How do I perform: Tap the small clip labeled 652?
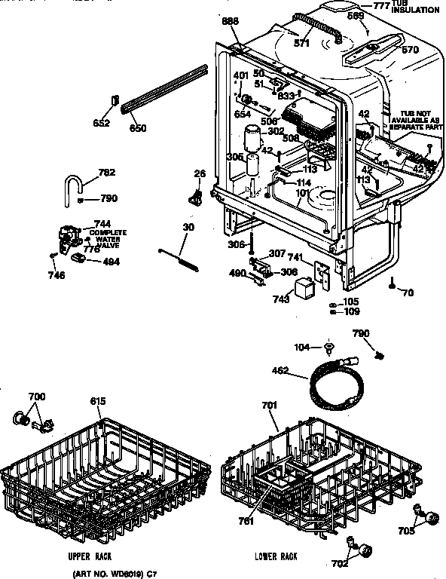(x=116, y=101)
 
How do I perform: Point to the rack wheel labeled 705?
(x=433, y=518)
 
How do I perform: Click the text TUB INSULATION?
(x=414, y=8)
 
